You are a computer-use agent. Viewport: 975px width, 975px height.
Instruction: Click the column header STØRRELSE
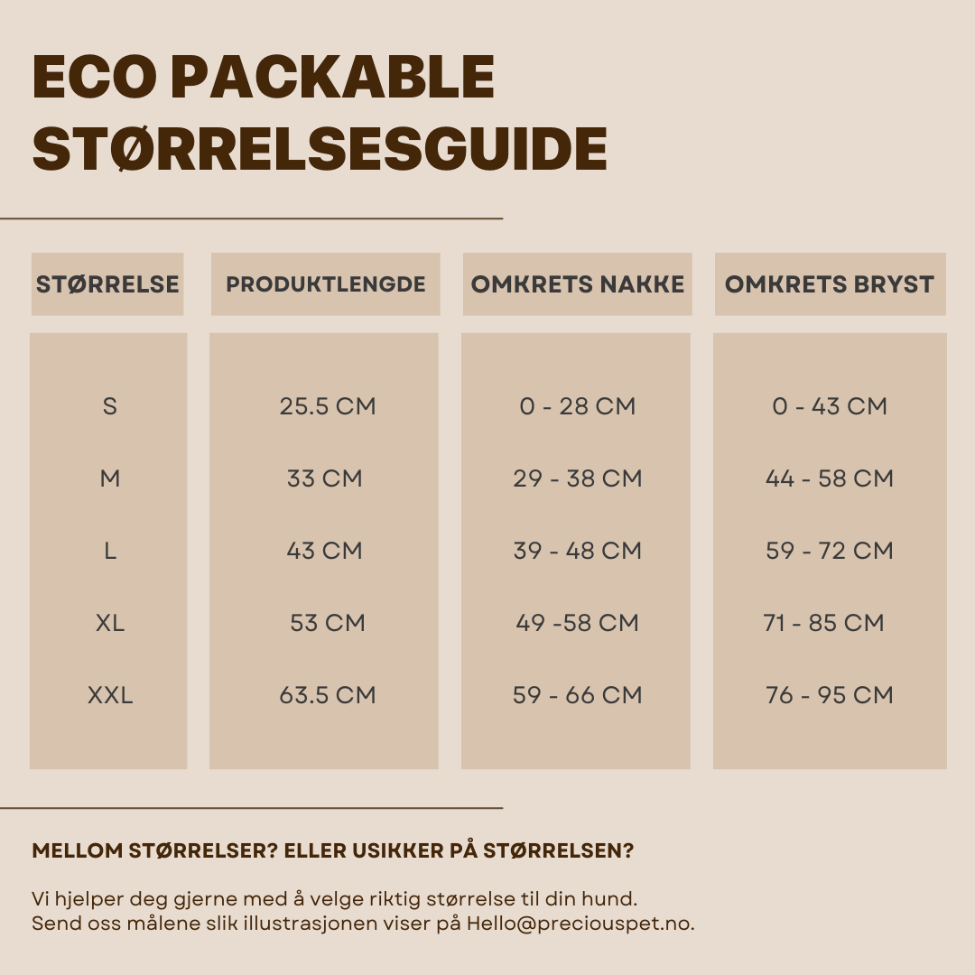point(107,284)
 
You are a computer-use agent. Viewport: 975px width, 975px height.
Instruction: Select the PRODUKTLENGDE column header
point(326,284)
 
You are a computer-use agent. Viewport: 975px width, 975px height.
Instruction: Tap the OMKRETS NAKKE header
point(578,284)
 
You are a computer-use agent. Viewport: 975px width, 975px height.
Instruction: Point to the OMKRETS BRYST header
point(830,284)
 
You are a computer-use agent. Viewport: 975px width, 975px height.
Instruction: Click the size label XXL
point(110,695)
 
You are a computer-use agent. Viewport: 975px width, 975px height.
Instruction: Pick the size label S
point(110,406)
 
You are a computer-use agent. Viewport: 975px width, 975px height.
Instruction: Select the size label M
point(110,478)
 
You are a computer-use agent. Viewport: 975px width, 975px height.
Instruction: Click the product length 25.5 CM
point(327,406)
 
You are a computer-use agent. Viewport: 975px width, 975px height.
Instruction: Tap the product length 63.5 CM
point(327,695)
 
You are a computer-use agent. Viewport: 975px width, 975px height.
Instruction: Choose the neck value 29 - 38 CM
point(578,478)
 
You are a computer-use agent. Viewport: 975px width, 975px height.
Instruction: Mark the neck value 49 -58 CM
point(578,623)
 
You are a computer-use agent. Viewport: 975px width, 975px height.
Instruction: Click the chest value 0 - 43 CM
point(830,406)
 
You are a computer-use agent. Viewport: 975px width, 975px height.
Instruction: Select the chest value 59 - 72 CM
point(830,551)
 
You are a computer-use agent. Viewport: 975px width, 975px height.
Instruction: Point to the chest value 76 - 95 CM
point(830,695)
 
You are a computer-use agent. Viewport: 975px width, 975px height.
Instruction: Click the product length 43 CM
point(325,551)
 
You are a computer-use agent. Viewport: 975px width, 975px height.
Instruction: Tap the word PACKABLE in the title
point(332,78)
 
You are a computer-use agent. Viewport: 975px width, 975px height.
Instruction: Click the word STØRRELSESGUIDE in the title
point(320,150)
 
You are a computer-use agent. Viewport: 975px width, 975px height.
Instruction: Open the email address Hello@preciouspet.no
point(580,924)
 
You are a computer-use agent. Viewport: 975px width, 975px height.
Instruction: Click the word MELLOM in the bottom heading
point(77,851)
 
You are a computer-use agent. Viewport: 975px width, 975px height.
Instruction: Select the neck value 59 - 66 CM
point(578,695)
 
